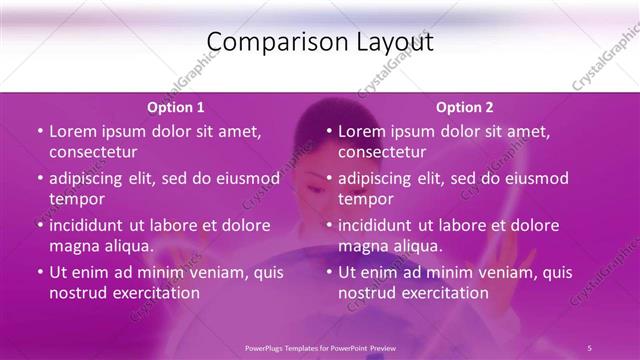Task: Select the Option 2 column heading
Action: point(464,107)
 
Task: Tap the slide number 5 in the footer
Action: point(589,347)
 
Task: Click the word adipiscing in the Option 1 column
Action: point(91,179)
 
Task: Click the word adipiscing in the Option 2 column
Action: point(380,179)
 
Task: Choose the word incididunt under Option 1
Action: point(91,225)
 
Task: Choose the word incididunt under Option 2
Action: point(380,225)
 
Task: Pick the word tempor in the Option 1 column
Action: point(77,199)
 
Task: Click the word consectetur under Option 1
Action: point(93,152)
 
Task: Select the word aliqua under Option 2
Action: point(417,246)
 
